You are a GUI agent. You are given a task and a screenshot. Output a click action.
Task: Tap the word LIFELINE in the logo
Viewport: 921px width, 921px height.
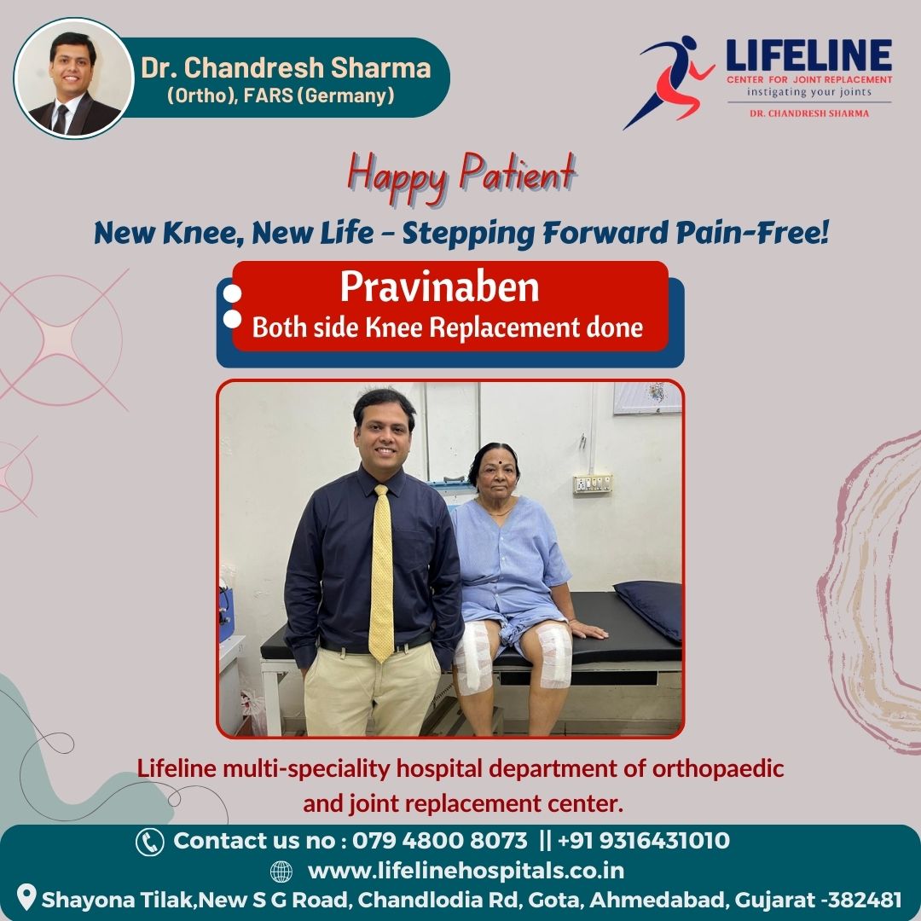[808, 55]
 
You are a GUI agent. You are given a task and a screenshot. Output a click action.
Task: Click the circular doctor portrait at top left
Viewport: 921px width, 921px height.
[74, 78]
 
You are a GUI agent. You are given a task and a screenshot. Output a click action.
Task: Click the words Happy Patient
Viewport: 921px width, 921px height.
[461, 175]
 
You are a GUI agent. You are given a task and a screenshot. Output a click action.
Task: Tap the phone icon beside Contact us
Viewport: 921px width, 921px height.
[150, 842]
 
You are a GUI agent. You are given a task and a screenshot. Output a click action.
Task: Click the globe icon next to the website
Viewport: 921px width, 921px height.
[281, 872]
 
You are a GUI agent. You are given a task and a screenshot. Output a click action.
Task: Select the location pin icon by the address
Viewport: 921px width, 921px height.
[26, 897]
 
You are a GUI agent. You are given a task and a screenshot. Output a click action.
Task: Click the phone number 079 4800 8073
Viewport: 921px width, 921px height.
[439, 841]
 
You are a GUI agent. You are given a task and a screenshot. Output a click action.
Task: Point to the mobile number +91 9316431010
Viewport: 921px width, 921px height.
[643, 841]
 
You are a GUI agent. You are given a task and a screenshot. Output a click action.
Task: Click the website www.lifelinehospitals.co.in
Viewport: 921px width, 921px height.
[466, 871]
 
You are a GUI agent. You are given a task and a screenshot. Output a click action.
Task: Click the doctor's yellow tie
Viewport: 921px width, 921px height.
[381, 573]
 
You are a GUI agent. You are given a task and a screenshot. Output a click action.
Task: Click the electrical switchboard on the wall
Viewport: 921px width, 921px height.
[593, 484]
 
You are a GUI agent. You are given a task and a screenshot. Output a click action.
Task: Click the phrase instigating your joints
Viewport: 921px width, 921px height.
[808, 92]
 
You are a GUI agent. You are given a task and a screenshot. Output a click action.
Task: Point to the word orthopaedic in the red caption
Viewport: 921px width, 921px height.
[718, 768]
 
